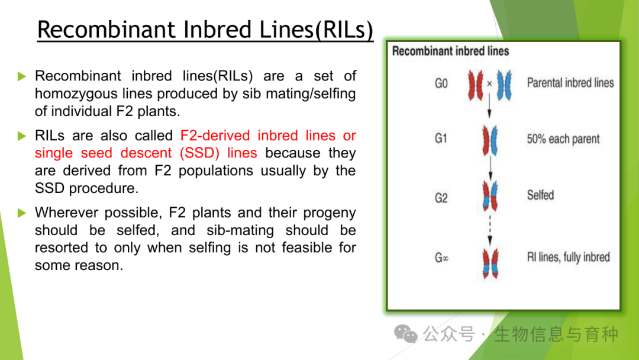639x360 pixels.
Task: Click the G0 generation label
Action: click(441, 83)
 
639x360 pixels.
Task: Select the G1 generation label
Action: click(441, 139)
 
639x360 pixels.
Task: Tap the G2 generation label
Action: click(441, 198)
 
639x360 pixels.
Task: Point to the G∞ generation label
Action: click(441, 258)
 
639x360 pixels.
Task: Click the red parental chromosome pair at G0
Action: click(476, 85)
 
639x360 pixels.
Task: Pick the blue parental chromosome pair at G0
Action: click(504, 85)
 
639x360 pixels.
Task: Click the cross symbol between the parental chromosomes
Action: click(489, 83)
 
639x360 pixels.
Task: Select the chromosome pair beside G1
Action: click(490, 141)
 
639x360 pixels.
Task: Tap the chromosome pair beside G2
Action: click(490, 196)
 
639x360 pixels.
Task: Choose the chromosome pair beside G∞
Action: click(490, 263)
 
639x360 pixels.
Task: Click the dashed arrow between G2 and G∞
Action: click(490, 230)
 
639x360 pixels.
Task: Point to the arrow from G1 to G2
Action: click(490, 168)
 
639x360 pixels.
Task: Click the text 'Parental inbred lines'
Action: click(570, 83)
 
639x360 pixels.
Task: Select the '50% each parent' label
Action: click(563, 139)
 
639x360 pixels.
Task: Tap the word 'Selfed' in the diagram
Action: click(540, 195)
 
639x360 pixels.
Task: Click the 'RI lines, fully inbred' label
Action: click(569, 257)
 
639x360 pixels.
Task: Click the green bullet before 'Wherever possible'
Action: click(22, 213)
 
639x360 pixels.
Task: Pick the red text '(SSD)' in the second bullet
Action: click(200, 153)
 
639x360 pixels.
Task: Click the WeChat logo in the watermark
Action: click(405, 334)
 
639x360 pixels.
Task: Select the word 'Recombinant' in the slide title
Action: click(106, 30)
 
